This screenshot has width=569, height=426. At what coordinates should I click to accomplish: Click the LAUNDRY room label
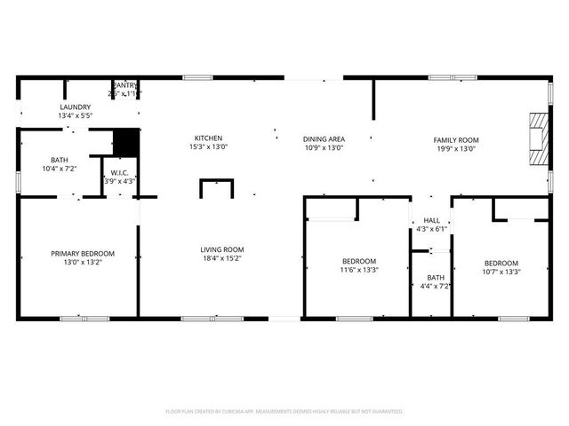point(75,106)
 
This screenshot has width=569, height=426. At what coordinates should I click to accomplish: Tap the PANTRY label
point(124,84)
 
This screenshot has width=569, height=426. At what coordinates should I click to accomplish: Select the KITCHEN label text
point(208,138)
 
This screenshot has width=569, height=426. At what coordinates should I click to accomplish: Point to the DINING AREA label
point(324,139)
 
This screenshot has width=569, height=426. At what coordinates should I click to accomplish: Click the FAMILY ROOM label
point(455,140)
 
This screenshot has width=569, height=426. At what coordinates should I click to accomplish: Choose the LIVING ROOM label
point(221,249)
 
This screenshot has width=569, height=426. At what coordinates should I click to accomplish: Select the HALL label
point(431,220)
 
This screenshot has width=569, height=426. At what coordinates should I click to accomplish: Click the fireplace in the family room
point(536,138)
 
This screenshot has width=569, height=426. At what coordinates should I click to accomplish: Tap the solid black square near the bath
point(126,143)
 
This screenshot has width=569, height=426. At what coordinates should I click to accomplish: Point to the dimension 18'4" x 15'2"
point(221,259)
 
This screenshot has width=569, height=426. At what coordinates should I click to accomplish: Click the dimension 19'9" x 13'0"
point(455,149)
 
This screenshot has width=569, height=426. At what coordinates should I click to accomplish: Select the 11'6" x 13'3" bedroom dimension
point(359,270)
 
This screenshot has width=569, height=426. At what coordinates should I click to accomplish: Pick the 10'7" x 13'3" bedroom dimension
point(501,272)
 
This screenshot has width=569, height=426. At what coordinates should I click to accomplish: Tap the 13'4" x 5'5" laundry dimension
point(75,115)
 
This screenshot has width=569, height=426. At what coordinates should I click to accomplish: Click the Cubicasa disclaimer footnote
point(284,412)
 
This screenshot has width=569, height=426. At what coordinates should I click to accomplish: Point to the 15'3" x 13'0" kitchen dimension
point(208,147)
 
